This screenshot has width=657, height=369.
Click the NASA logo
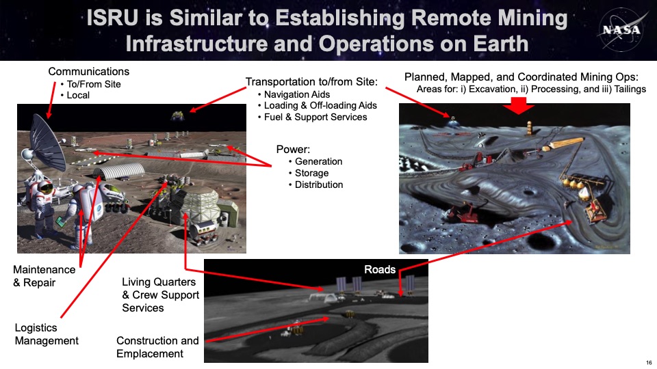pyautogui.click(x=621, y=29)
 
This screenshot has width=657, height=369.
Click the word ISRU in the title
pyautogui.click(x=112, y=18)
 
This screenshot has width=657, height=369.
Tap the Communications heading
pyautogui.click(x=88, y=72)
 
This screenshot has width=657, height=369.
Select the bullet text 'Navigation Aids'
pyautogui.click(x=296, y=94)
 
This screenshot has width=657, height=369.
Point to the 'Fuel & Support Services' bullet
pyautogui.click(x=315, y=117)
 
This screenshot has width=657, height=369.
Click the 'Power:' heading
pyautogui.click(x=293, y=150)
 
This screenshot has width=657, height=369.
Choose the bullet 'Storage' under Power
pyautogui.click(x=312, y=173)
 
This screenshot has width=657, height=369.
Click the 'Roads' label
pyautogui.click(x=380, y=269)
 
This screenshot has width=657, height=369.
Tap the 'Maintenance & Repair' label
pyautogui.click(x=44, y=276)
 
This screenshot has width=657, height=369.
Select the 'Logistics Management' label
pyautogui.click(x=47, y=334)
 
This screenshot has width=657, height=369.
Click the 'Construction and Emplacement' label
pyautogui.click(x=157, y=347)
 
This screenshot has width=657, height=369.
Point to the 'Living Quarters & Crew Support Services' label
pyautogui.click(x=160, y=295)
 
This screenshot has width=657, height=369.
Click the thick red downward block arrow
pyautogui.click(x=518, y=105)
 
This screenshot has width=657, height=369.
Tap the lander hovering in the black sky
pyautogui.click(x=177, y=115)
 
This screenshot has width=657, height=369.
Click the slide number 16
pyautogui.click(x=649, y=362)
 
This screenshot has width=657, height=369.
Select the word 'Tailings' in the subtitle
pyautogui.click(x=630, y=89)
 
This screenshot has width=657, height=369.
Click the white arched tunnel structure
pyautogui.click(x=118, y=172)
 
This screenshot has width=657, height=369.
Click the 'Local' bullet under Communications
pyautogui.click(x=78, y=96)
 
